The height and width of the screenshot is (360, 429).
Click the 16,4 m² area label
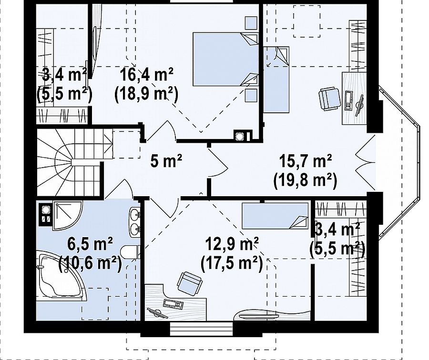147,75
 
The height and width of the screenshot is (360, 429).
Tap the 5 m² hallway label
166,161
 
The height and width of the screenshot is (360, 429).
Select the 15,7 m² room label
306,161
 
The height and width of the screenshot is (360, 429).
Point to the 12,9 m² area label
232,244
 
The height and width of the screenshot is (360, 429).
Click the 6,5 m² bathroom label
90,244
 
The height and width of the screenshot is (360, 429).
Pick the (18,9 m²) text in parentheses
147,94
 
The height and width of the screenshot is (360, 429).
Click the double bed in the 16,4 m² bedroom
226,60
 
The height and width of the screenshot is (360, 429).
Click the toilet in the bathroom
130,252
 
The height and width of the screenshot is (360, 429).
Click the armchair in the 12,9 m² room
190,283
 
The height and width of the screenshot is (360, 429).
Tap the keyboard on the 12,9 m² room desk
173,304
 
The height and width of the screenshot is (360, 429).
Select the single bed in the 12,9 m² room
275,216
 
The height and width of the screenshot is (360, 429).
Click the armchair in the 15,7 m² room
330,99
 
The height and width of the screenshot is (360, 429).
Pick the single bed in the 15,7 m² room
276,80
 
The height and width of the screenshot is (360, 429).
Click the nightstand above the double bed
251,23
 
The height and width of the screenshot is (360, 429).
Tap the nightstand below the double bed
251,95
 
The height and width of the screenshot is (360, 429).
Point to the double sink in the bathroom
134,222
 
